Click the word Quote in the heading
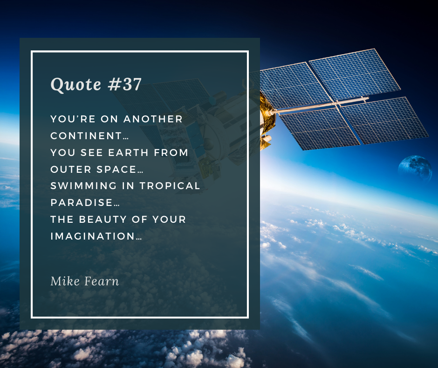(76, 85)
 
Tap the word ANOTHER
(153, 119)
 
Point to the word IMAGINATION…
(96, 236)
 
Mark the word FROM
(173, 153)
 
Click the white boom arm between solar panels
(322, 105)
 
